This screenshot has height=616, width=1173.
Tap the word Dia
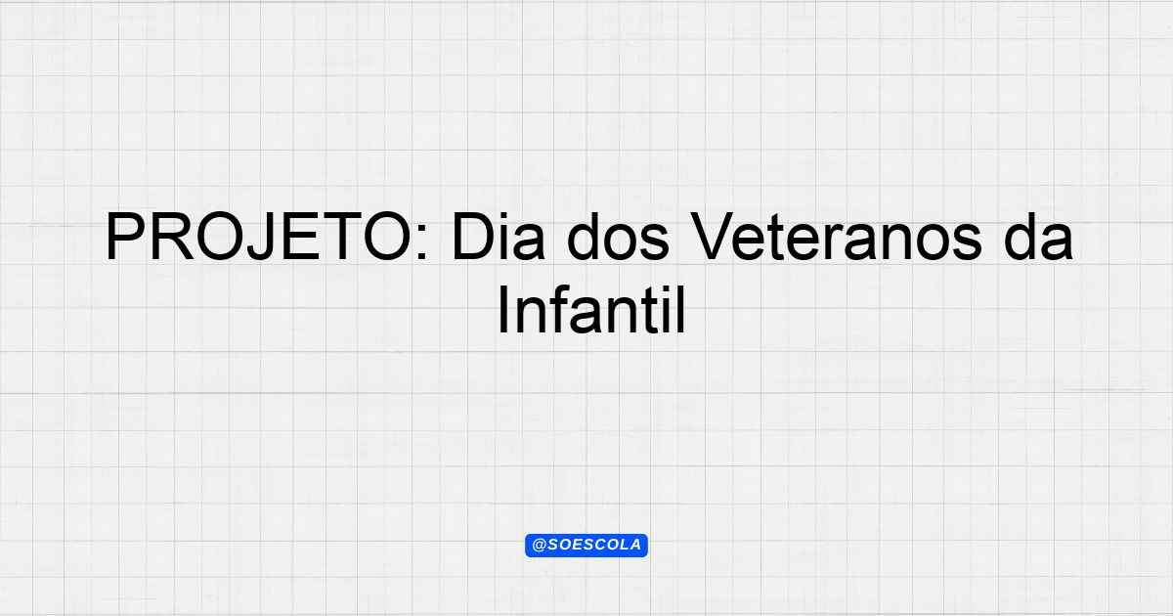pos(498,237)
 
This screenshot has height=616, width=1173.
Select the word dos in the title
pos(619,237)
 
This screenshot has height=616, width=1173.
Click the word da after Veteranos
pos(1038,237)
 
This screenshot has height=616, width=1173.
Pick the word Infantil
pos(591,310)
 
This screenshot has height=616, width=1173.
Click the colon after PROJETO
pos(423,242)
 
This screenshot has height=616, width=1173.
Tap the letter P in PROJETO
pos(126,237)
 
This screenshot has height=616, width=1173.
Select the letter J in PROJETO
pos(262,237)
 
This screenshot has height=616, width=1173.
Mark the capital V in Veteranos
pos(713,237)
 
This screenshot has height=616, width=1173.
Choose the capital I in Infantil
pos(502,310)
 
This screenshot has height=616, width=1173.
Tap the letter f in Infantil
pos(559,310)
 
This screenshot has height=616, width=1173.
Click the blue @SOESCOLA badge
pos(586,546)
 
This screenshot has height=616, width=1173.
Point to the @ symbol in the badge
pos(540,546)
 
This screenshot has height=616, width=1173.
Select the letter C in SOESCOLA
pos(599,545)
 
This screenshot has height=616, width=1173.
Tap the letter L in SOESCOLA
pos(624,545)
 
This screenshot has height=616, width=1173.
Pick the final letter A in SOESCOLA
pos(635,545)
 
